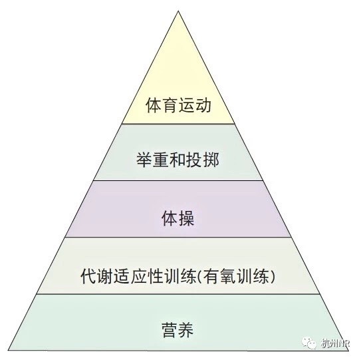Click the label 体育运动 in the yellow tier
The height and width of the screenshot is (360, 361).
coord(178,105)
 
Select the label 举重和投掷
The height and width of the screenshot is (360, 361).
coord(178,160)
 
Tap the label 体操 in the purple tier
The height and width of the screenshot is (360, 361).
coord(178,218)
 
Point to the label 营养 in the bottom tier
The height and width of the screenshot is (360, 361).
coord(178,330)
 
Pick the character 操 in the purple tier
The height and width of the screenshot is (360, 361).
coord(186,218)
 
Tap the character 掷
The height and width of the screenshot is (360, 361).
coord(211,160)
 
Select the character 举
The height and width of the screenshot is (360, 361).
coord(144,160)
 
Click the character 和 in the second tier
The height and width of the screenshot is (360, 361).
coord(178,160)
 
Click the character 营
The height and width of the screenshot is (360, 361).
coord(170,330)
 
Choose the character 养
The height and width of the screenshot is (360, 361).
coord(185,330)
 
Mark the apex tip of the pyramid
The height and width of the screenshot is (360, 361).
coord(178,11)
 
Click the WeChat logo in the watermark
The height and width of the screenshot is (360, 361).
coord(309,343)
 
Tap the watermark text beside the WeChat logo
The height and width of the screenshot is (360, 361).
coord(335,343)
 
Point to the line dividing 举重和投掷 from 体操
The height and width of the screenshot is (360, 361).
coord(178,181)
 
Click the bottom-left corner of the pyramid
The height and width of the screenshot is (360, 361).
coord(8,350)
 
